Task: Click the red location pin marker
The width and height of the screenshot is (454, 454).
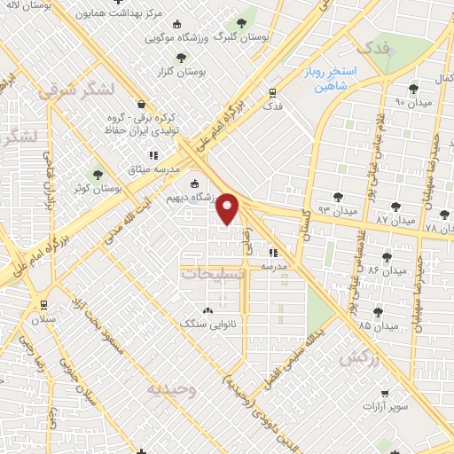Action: point(229,208)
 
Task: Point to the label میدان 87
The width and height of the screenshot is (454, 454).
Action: point(395,218)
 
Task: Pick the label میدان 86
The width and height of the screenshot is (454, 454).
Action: point(387,269)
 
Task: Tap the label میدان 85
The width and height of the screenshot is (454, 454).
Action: point(379,325)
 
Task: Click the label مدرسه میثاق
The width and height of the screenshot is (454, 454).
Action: point(154,168)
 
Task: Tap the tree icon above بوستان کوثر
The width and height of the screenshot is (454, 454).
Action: point(98,175)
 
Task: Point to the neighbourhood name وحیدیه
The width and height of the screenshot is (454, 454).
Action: point(169,389)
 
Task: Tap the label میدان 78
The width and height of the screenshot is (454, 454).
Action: point(439,228)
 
